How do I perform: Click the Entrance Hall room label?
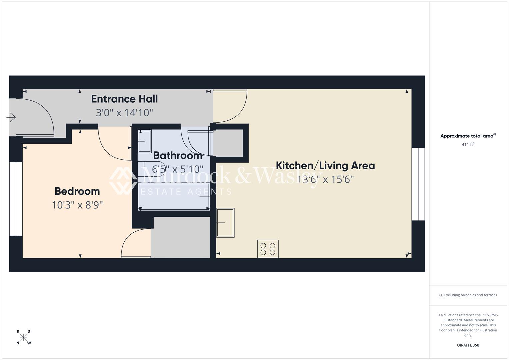(x=124, y=99)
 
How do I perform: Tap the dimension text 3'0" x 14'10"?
(x=124, y=113)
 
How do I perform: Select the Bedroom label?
(x=77, y=191)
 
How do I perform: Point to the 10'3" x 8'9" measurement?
(x=77, y=205)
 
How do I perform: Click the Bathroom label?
(x=177, y=156)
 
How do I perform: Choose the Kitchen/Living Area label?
(x=325, y=166)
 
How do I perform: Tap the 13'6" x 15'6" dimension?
(x=325, y=180)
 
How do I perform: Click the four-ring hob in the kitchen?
(x=268, y=249)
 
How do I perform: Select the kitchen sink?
(x=225, y=223)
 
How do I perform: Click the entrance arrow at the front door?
(x=11, y=117)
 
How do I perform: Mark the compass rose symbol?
(x=24, y=337)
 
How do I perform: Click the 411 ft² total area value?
(x=468, y=145)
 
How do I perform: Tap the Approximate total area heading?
(x=468, y=136)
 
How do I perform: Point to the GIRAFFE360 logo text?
(x=468, y=345)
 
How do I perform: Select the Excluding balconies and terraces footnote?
(x=468, y=295)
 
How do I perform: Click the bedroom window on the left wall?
(x=16, y=199)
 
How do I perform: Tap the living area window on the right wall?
(x=418, y=184)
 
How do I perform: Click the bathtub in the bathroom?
(x=174, y=197)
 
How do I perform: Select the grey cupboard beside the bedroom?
(x=180, y=237)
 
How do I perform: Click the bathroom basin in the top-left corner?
(x=144, y=141)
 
